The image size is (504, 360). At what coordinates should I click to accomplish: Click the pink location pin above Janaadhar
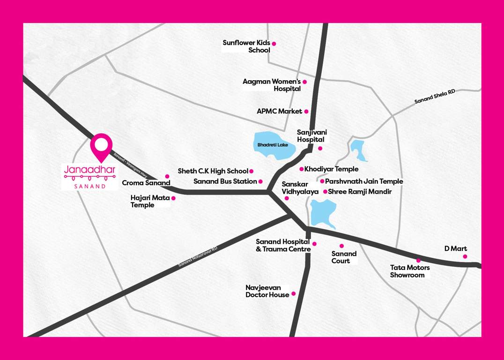click(x=101, y=146)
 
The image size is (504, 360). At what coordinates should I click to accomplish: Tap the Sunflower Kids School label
click(x=246, y=46)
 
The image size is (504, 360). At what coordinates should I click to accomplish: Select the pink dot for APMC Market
click(x=306, y=112)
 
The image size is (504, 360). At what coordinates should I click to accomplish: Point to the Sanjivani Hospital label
click(x=311, y=136)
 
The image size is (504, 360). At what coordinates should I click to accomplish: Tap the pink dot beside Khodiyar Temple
click(x=301, y=169)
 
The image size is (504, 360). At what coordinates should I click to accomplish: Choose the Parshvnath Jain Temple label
click(x=364, y=181)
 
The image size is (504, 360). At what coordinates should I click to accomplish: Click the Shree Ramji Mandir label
click(x=360, y=192)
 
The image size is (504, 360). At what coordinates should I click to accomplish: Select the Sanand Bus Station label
click(x=225, y=181)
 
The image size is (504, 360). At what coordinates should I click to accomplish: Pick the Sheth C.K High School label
click(x=213, y=171)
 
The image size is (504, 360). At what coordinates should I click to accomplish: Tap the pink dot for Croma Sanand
click(x=167, y=177)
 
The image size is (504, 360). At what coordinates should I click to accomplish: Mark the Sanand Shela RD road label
click(x=435, y=97)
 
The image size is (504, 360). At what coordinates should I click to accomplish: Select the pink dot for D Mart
click(x=465, y=256)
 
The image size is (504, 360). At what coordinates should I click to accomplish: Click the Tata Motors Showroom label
click(x=410, y=271)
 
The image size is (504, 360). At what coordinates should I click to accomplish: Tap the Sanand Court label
click(x=344, y=257)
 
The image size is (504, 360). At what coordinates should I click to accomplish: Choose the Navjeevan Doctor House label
click(x=267, y=291)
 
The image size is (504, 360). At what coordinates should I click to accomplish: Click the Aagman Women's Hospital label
click(x=272, y=85)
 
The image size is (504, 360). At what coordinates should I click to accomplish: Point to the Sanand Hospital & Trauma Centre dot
click(x=314, y=244)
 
